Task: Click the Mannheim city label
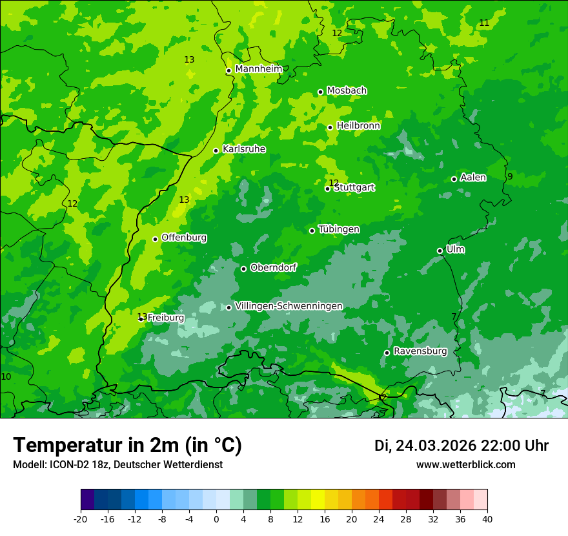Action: pyautogui.click(x=258, y=69)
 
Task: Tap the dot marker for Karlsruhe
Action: pyautogui.click(x=216, y=151)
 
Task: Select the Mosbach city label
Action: pyautogui.click(x=347, y=91)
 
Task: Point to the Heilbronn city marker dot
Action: pyautogui.click(x=330, y=127)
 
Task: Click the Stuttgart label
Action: pyautogui.click(x=354, y=188)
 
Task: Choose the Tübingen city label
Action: pyautogui.click(x=339, y=229)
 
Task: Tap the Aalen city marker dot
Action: pyautogui.click(x=454, y=179)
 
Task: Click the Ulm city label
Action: pyautogui.click(x=455, y=249)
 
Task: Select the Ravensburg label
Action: pyautogui.click(x=420, y=351)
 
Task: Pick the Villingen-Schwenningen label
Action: pyautogui.click(x=289, y=306)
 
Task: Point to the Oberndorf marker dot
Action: pyautogui.click(x=243, y=269)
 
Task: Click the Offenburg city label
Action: pyautogui.click(x=184, y=238)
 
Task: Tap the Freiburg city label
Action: pyautogui.click(x=166, y=318)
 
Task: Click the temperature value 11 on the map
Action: pyautogui.click(x=484, y=23)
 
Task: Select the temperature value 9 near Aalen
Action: pyautogui.click(x=509, y=177)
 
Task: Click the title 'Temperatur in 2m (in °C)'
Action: pyautogui.click(x=127, y=446)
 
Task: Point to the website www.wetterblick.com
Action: pyautogui.click(x=465, y=465)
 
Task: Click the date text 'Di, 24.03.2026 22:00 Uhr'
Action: pyautogui.click(x=461, y=446)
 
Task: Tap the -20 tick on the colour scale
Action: pyautogui.click(x=81, y=519)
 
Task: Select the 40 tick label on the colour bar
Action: pyautogui.click(x=487, y=519)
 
